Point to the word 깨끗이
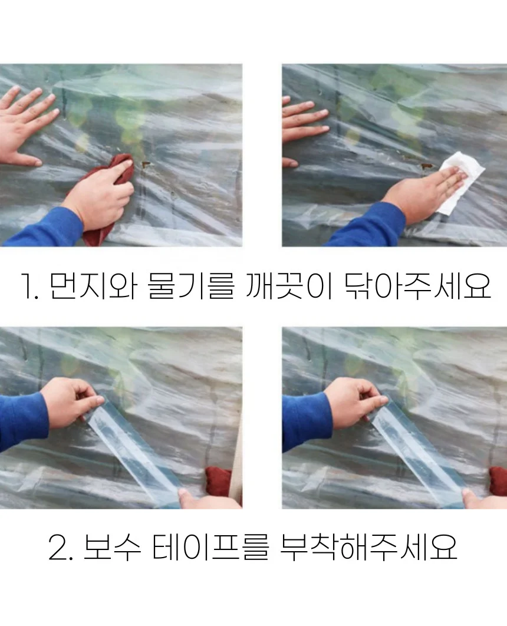tap(289, 286)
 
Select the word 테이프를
tap(210, 547)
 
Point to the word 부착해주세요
tap(368, 547)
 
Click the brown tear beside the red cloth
tap(146, 164)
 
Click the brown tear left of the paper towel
tap(427, 166)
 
